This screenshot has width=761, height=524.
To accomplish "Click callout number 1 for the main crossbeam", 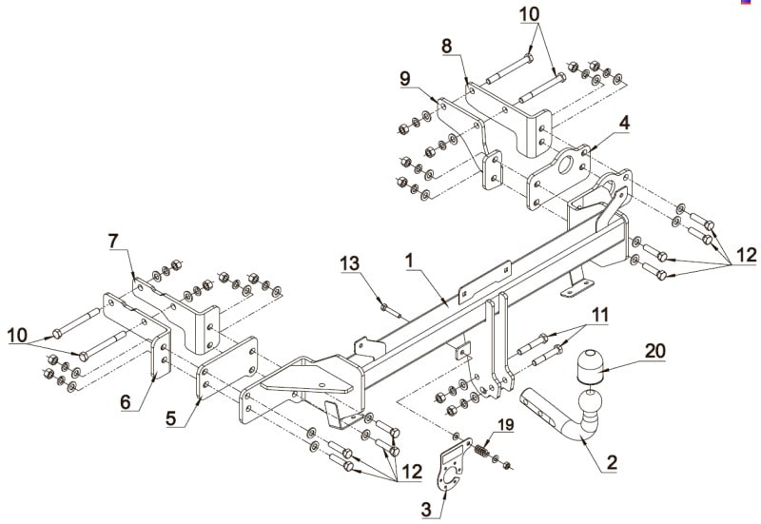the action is coord(409,261).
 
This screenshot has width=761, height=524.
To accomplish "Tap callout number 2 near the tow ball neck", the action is coord(612,462).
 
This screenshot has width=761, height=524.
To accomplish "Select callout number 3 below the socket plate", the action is coord(426,510).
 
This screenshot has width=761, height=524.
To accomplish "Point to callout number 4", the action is coord(624,123).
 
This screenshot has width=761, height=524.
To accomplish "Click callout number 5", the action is coord(170,417).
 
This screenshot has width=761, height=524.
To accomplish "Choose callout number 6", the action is coord(126,401).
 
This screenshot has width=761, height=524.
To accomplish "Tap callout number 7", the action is coord(113,242).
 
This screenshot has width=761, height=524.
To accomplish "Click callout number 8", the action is coord(446,46).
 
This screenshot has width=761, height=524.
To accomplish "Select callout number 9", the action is coord(405,79).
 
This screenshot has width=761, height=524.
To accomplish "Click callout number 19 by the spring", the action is coord(505,424).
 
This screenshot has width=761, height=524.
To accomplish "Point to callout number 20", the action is coord(654,350).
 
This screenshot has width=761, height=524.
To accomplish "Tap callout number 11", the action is coord(599,315).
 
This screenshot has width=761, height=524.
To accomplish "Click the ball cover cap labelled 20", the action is coord(589,365).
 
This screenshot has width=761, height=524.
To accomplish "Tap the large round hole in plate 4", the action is coord(566,164).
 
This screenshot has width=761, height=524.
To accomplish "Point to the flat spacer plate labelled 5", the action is coord(226,368).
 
